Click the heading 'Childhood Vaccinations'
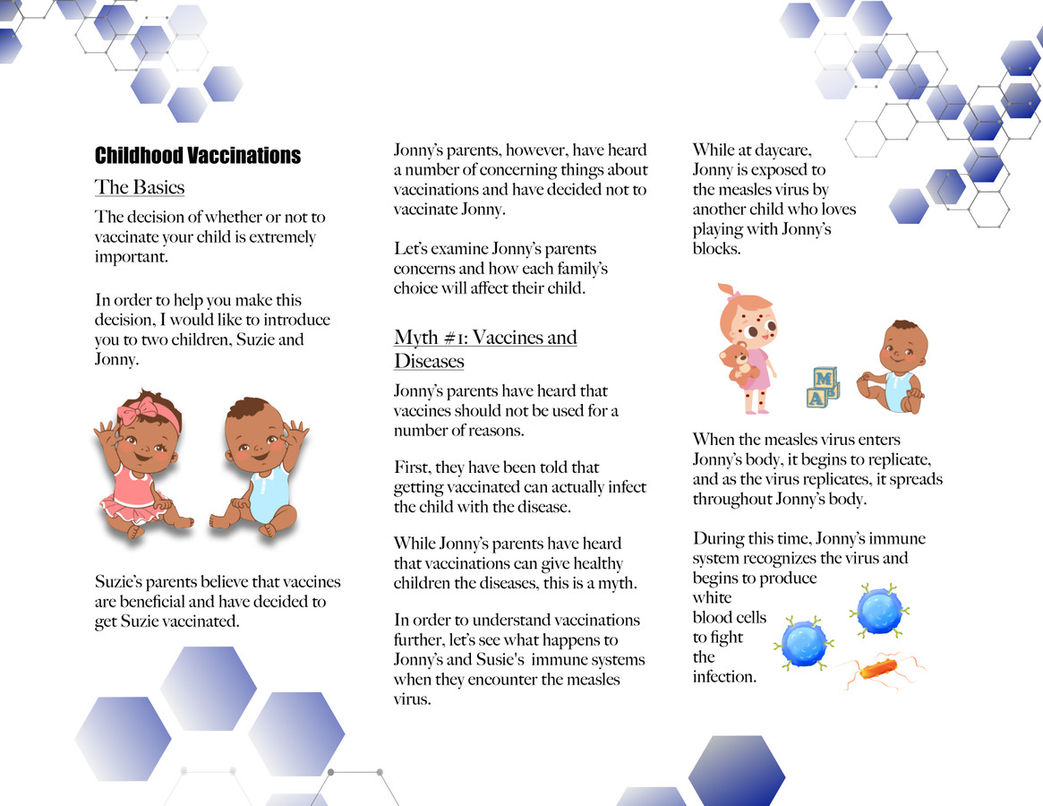tap(197, 156)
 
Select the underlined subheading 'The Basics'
tap(140, 187)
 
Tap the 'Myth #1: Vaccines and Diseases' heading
tap(484, 349)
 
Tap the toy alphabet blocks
tap(822, 387)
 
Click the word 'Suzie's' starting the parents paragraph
tap(120, 582)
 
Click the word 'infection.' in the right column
tap(724, 677)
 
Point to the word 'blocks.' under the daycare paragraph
tap(716, 249)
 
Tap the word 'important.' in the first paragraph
tap(132, 258)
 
